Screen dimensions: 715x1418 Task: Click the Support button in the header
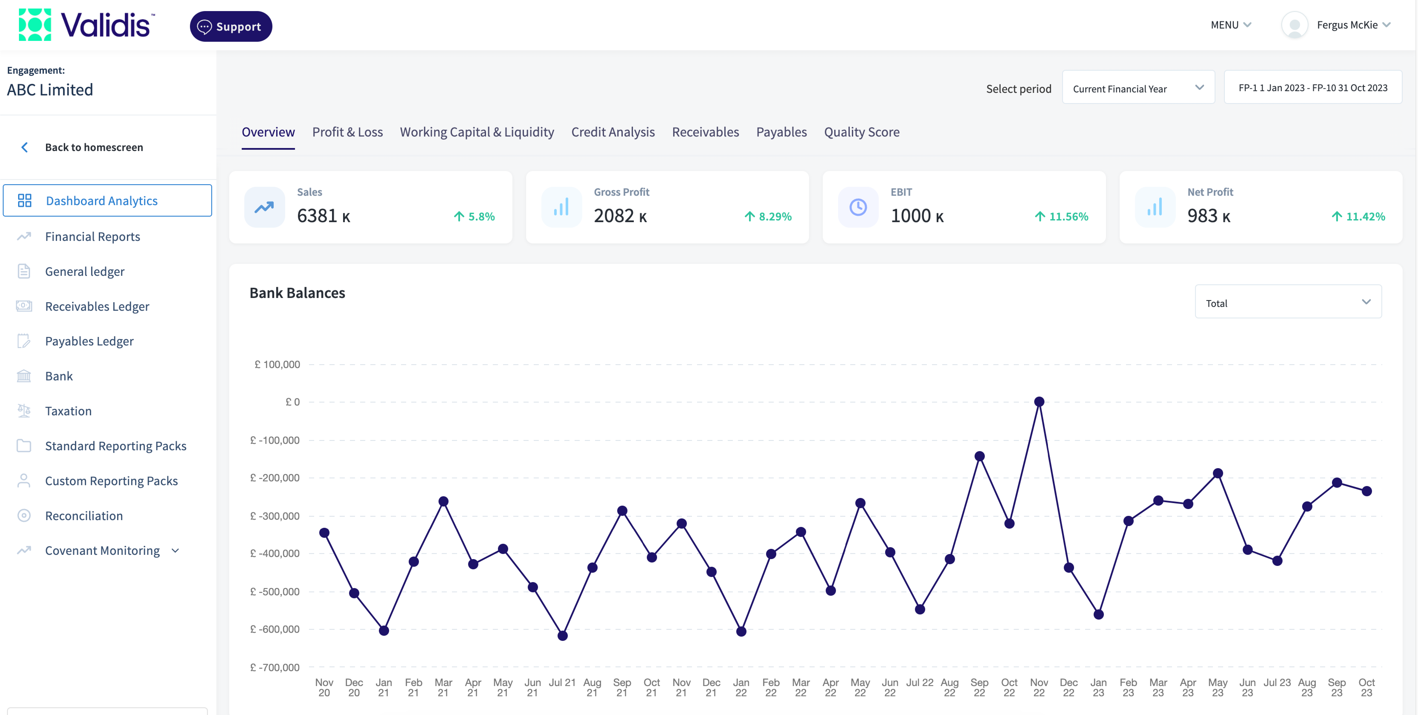tap(231, 26)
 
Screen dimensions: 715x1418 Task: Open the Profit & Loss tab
tap(347, 132)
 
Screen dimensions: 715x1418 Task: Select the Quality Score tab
tap(861, 132)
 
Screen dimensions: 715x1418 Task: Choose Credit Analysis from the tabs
tap(613, 132)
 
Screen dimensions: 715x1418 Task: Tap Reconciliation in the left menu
tap(84, 516)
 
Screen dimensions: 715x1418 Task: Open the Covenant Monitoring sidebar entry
tap(102, 550)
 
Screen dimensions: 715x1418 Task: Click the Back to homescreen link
tap(93, 147)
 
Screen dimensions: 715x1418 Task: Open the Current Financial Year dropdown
tap(1138, 88)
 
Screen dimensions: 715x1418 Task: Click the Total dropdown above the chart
tap(1287, 302)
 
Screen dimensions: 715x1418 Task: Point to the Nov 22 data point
tap(1039, 402)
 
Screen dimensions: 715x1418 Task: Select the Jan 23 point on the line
tap(1098, 614)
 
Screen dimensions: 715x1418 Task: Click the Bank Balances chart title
tap(297, 293)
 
